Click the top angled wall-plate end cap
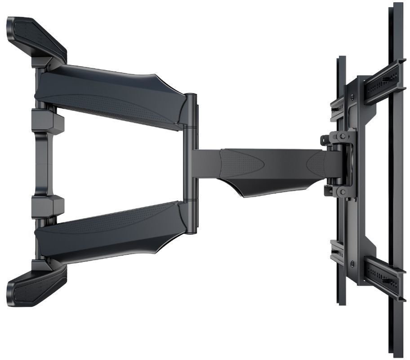click(36, 38)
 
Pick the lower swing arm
click(112, 234)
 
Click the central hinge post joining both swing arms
click(191, 164)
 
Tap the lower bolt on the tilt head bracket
click(343, 193)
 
